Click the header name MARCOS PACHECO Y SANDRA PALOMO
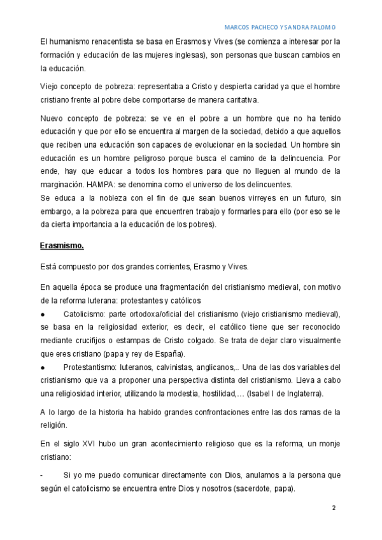[x=281, y=27]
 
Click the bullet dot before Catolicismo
[x=42, y=314]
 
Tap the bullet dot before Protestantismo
[x=42, y=367]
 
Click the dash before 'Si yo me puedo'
[x=41, y=476]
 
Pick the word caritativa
[x=236, y=100]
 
